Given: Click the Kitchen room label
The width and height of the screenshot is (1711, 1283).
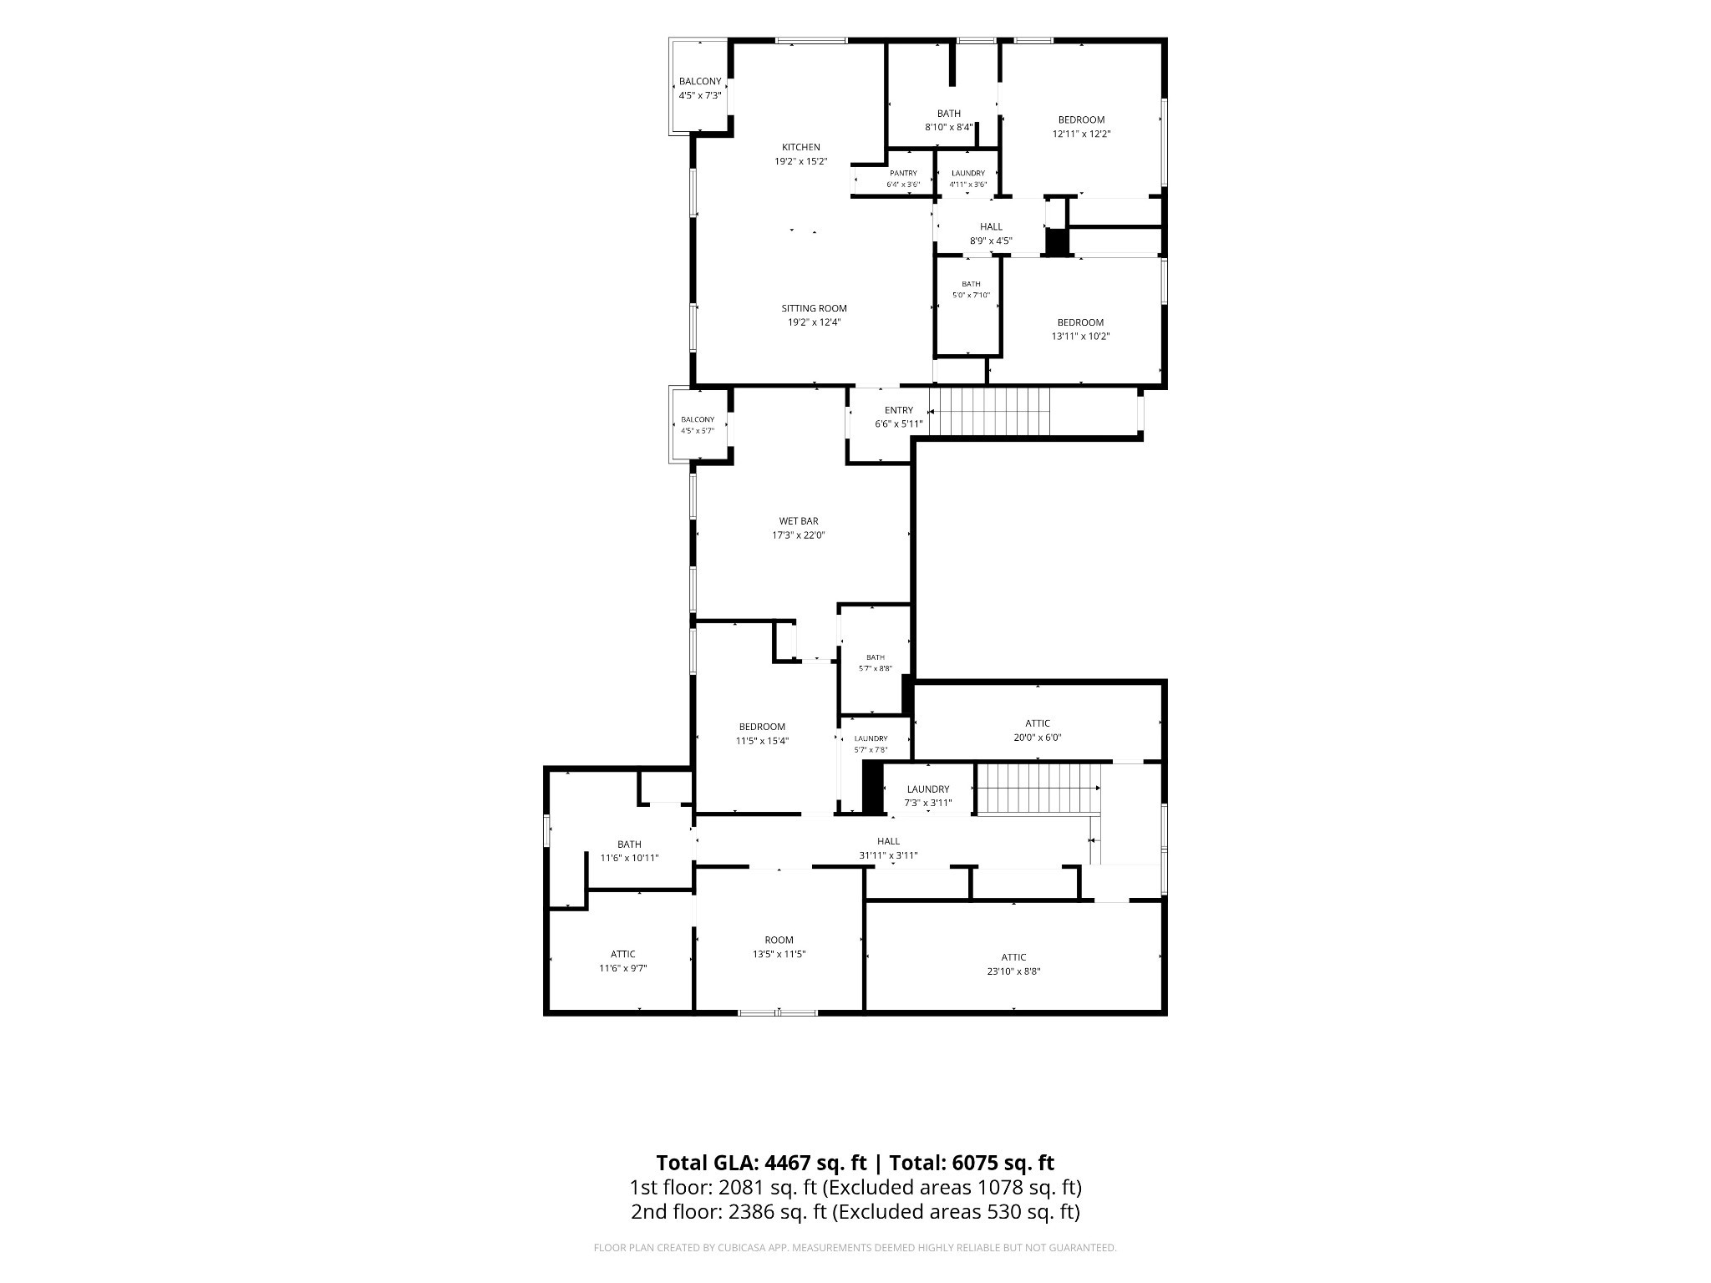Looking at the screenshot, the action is tap(800, 147).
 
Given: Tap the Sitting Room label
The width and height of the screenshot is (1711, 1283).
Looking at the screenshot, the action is tap(814, 308).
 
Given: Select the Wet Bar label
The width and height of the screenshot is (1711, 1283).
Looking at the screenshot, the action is tap(799, 521).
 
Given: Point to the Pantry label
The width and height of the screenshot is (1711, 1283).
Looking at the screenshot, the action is tap(903, 173).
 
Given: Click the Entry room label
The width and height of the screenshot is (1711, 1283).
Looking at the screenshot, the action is tap(899, 410).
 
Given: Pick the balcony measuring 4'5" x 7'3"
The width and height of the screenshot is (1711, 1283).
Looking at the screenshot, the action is tap(700, 88).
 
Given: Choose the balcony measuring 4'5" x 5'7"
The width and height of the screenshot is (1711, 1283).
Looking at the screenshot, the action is tap(698, 425).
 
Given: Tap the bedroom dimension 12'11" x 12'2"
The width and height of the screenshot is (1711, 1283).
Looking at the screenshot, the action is tap(1081, 134).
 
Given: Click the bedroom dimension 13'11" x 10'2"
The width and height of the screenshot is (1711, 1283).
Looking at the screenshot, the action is tap(1080, 337).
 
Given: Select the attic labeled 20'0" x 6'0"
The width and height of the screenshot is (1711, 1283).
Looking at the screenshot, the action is tap(1038, 730).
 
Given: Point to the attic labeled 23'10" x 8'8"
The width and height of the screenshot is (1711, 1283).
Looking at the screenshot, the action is tap(1013, 964).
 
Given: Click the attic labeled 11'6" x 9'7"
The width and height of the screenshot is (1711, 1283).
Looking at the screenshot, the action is tap(622, 961).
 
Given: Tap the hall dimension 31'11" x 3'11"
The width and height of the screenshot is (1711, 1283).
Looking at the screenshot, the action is tap(888, 855).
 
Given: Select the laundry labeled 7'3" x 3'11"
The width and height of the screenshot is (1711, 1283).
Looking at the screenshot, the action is tap(927, 796).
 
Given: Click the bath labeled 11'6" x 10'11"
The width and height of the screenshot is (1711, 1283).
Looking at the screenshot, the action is tap(629, 850).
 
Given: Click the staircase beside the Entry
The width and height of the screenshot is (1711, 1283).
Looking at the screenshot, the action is tap(989, 411).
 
